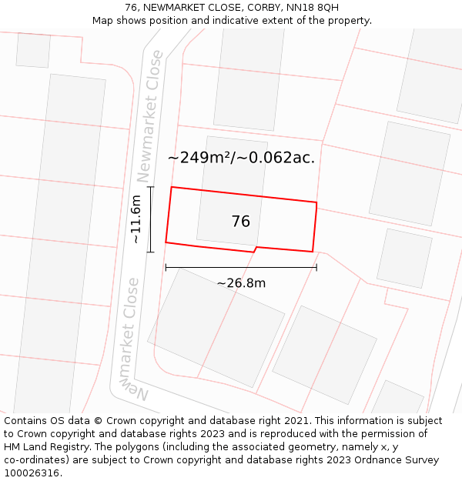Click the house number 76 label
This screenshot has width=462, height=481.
[241, 222]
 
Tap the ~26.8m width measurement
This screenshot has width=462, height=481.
[241, 283]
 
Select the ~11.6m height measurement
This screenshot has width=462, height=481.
[136, 219]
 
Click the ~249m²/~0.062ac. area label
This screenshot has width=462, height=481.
[242, 158]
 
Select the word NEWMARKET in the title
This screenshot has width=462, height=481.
[174, 8]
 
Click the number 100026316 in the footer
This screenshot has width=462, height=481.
[32, 473]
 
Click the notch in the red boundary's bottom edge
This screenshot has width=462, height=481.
[255, 249]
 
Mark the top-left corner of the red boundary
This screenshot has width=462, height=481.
[171, 187]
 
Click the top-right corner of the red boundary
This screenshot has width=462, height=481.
[316, 202]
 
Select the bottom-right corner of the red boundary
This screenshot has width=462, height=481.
[313, 252]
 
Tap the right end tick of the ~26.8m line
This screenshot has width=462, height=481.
[316, 268]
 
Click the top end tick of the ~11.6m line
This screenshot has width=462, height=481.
[150, 187]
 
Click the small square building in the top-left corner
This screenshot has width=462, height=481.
[33, 49]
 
